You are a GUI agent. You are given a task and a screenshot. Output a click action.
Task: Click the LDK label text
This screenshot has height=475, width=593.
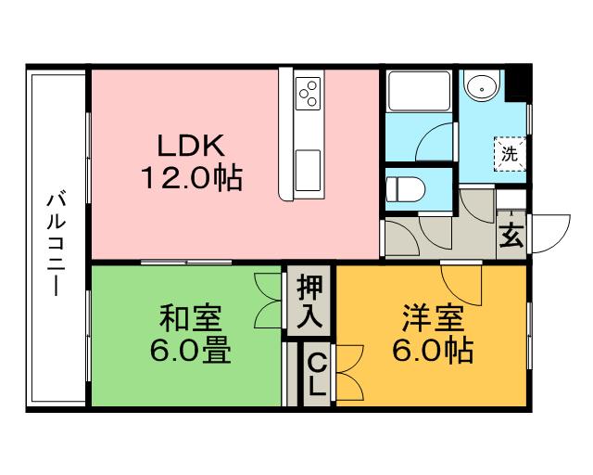point(191,146)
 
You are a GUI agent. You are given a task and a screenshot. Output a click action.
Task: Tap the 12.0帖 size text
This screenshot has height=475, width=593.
point(192,178)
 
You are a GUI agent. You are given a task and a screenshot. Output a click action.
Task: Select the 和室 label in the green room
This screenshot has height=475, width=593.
point(190,318)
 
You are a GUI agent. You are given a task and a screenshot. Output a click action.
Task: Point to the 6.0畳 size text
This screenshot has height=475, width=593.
point(190,350)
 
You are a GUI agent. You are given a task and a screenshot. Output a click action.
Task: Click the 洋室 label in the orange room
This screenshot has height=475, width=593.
point(433,318)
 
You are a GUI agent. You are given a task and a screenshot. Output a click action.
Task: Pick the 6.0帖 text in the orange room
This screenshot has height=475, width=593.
point(433,350)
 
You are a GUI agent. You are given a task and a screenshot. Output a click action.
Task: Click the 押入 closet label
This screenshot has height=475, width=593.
point(309,301)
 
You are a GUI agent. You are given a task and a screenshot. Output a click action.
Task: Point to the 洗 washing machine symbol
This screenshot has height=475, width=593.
point(510,154)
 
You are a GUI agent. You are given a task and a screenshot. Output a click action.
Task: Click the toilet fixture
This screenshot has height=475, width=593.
point(405,188)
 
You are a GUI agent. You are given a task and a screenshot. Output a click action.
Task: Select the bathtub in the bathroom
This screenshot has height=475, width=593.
point(419,91)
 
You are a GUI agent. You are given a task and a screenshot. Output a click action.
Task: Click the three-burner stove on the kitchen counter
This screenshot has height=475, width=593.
point(308,93)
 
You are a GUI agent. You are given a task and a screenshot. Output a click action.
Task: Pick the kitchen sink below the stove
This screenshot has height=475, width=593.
point(308,171)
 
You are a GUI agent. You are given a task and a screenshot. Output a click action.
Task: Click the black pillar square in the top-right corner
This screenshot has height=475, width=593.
point(519,83)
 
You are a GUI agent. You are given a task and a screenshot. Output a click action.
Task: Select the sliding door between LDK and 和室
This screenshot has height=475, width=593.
point(186,263)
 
